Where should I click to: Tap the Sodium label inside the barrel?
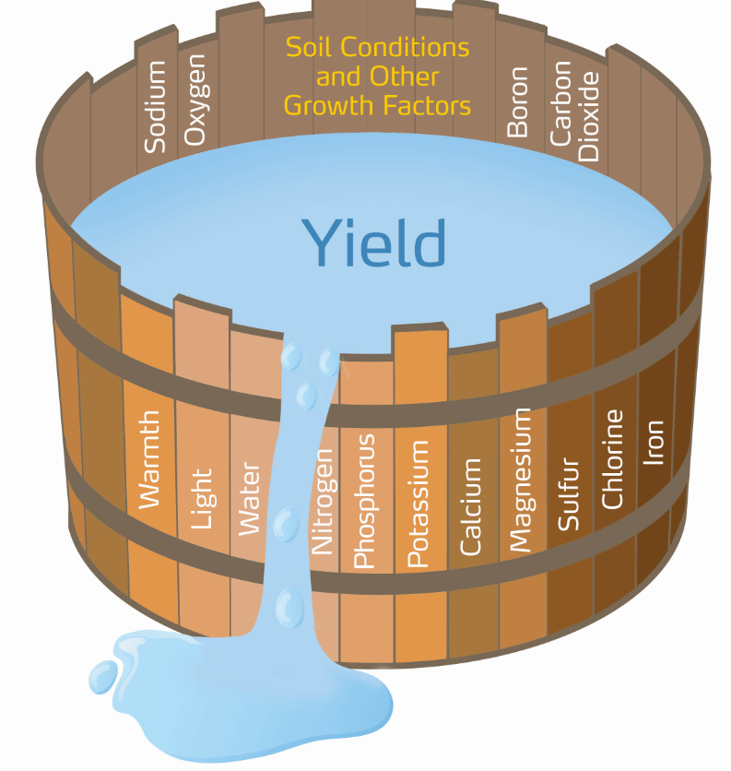point(156,106)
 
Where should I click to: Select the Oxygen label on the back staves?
point(195,101)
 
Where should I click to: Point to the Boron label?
point(518,101)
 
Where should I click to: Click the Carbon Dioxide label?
point(574,111)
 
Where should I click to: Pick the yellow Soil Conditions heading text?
point(377,77)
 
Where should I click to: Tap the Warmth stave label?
point(148,458)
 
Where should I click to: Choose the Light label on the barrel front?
point(200,498)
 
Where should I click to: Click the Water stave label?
point(250,498)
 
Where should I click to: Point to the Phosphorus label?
point(364,501)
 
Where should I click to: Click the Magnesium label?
point(521,480)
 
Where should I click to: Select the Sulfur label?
point(569,493)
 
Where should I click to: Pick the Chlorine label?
point(613,458)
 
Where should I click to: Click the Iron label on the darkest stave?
point(654,442)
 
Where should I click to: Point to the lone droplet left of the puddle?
point(102,676)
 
